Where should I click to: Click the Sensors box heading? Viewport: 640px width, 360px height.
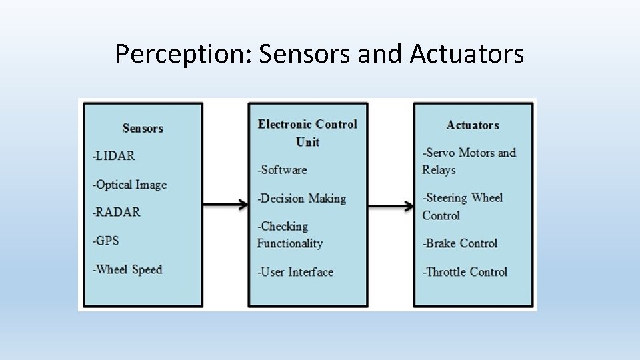[143, 128]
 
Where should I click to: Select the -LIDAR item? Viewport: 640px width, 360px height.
[113, 156]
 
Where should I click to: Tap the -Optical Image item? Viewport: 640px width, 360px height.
[129, 185]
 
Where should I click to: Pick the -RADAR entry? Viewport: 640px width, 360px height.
[116, 213]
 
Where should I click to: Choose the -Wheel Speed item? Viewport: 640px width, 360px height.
[127, 269]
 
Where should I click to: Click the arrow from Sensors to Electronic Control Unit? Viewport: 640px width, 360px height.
[225, 205]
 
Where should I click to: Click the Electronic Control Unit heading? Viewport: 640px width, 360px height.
[307, 133]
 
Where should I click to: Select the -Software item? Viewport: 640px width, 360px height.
[282, 170]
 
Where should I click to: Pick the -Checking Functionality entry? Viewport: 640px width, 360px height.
[289, 235]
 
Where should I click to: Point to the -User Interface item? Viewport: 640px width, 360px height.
[295, 272]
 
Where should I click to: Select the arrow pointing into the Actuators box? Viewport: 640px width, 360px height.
[391, 206]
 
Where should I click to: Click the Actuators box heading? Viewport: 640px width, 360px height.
[473, 125]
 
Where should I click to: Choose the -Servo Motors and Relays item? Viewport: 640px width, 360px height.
[469, 161]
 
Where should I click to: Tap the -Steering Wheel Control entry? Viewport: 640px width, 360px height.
[462, 207]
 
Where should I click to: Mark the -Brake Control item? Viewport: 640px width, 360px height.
[460, 243]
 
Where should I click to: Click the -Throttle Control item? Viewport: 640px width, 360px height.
[465, 272]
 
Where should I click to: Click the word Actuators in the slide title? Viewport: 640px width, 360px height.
[467, 54]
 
